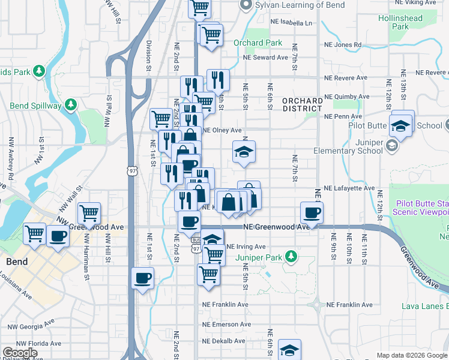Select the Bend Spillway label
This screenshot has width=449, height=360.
click(x=35, y=106)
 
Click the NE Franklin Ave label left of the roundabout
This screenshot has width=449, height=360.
click(x=225, y=305)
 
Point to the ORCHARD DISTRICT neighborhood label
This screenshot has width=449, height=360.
click(x=303, y=104)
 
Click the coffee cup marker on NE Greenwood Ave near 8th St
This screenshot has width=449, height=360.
click(x=313, y=212)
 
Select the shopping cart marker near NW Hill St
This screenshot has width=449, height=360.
click(x=89, y=212)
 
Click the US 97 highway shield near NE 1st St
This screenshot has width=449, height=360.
click(x=133, y=171)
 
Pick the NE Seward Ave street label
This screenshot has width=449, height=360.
click(x=266, y=58)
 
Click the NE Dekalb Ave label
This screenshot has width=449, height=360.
click(x=223, y=341)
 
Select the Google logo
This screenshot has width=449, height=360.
click(x=20, y=353)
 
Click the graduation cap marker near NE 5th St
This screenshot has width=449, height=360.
click(x=244, y=152)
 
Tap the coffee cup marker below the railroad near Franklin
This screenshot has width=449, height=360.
click(x=143, y=278)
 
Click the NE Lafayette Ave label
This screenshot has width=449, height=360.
click(x=349, y=188)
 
